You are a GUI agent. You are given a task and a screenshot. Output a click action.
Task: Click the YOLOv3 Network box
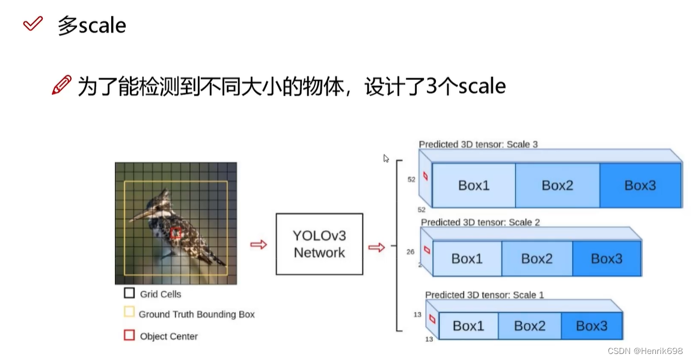[x=319, y=244]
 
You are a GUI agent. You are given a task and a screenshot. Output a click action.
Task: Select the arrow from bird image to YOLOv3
[x=259, y=245]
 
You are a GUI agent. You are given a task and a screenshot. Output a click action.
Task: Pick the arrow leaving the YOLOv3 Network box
[x=376, y=247]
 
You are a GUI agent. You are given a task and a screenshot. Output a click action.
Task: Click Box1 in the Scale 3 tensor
[x=474, y=185]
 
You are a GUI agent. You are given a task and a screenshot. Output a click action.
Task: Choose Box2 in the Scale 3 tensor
[x=557, y=185]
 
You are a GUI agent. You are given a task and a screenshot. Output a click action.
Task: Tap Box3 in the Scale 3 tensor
[x=640, y=185]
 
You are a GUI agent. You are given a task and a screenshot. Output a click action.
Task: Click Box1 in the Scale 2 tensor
[x=467, y=258]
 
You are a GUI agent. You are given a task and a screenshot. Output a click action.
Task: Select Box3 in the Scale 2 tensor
[x=606, y=258]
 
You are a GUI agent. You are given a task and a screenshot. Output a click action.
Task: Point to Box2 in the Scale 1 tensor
[x=530, y=326]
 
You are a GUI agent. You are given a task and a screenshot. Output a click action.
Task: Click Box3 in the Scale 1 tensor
[x=592, y=326]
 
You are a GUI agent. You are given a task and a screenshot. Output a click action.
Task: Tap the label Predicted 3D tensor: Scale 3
[x=479, y=144]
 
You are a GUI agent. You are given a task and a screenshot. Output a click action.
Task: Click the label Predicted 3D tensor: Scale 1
[x=485, y=294]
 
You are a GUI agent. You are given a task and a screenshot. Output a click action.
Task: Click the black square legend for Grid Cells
[x=129, y=293]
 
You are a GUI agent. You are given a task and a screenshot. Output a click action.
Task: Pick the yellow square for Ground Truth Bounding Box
[x=129, y=312]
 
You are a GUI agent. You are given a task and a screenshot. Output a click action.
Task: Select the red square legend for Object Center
[x=129, y=335]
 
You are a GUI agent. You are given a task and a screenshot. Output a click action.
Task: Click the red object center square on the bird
[x=176, y=233]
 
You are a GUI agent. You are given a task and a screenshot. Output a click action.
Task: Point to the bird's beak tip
[x=130, y=220]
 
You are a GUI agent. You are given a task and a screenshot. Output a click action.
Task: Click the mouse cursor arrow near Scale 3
[x=386, y=159]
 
